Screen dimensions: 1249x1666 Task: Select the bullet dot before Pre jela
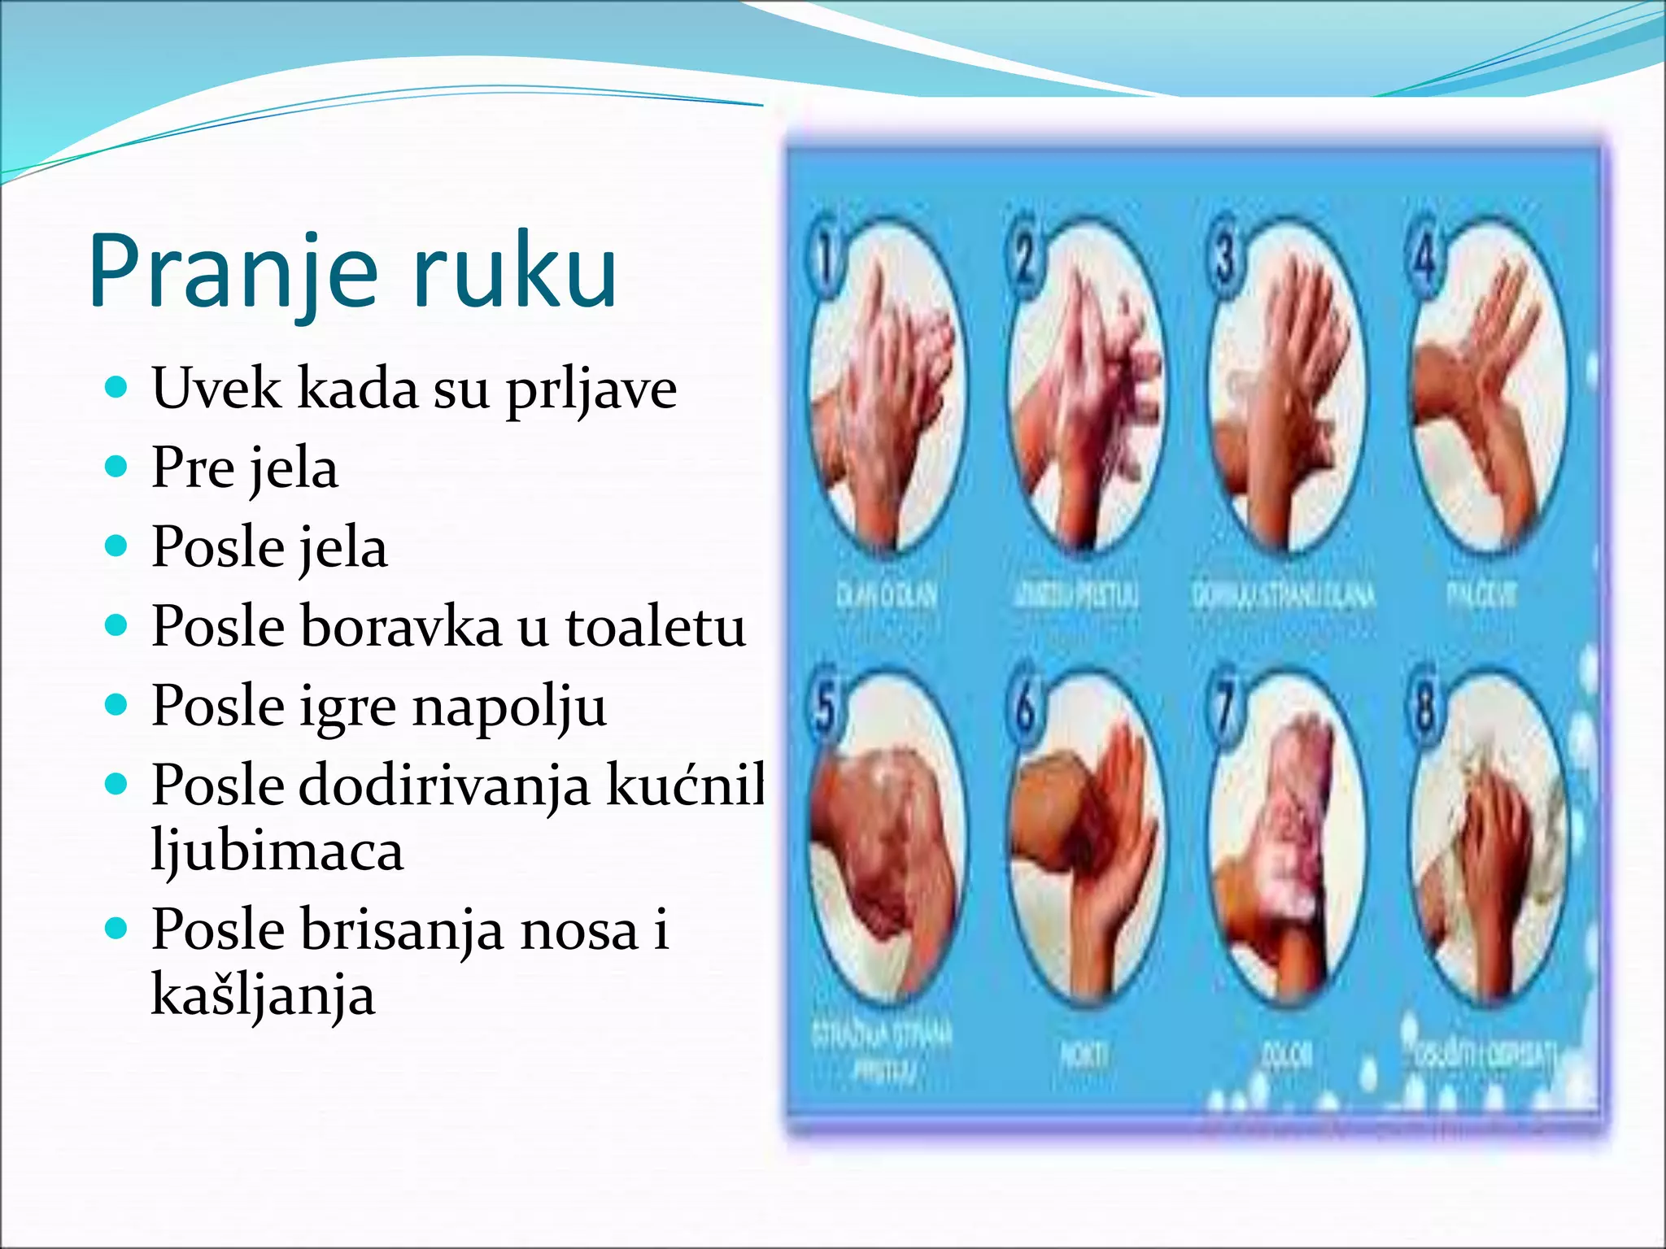pos(118,467)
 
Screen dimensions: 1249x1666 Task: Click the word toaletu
pos(656,627)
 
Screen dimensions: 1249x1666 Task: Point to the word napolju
pos(510,707)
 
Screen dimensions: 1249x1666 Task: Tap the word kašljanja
pos(264,995)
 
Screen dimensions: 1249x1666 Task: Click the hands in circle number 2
pos(1086,390)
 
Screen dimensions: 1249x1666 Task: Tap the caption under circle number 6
pos(1084,1055)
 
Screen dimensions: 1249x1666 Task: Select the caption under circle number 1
pos(887,596)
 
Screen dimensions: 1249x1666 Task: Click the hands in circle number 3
pos(1285,390)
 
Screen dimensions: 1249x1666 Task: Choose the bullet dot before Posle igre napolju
pos(118,705)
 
